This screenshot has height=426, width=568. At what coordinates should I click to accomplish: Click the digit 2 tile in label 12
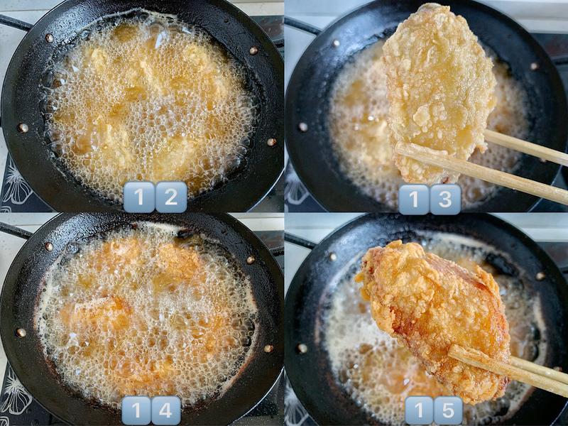pos(171,197)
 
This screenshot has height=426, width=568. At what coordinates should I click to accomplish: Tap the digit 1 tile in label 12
pos(139,197)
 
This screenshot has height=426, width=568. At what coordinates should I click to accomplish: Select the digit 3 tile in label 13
pos(445,200)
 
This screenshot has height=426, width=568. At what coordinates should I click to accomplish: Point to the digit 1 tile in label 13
pos(414,200)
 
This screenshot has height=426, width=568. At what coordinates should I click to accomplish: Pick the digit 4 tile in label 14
pos(166,410)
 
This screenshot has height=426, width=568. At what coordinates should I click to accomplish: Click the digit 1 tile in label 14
pos(136,410)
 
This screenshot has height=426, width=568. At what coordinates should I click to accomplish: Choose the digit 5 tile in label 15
pos(448,411)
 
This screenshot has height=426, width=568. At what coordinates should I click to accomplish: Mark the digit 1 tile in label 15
pos(419,411)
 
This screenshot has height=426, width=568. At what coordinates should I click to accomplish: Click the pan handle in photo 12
pos(15,22)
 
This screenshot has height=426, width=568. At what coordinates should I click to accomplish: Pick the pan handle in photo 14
pos(15,230)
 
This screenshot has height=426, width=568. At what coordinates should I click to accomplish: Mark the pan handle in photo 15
pos(300,240)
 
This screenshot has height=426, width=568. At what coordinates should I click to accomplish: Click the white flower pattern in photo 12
pos(14,185)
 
